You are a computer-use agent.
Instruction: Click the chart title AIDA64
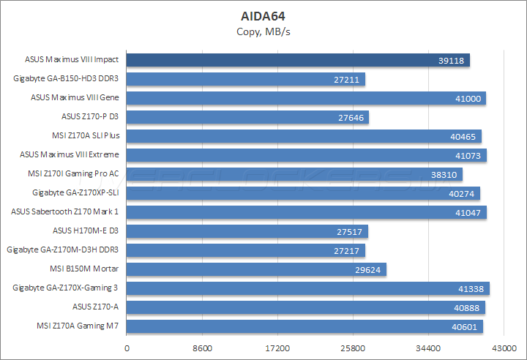point(263,15)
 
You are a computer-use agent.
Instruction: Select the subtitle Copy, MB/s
point(263,31)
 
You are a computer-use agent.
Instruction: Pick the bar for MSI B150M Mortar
point(256,269)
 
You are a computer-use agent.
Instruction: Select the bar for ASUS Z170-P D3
point(247,117)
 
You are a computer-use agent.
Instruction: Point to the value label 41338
point(470,288)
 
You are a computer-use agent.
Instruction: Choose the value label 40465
point(463,136)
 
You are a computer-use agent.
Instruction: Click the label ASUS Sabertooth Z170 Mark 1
point(65,212)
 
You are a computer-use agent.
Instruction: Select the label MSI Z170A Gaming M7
point(78,326)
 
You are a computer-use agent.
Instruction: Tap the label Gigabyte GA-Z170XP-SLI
point(75,193)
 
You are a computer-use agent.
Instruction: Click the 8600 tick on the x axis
point(203,348)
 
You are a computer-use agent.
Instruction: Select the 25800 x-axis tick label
point(353,348)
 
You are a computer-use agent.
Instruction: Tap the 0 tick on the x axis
point(127,348)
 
